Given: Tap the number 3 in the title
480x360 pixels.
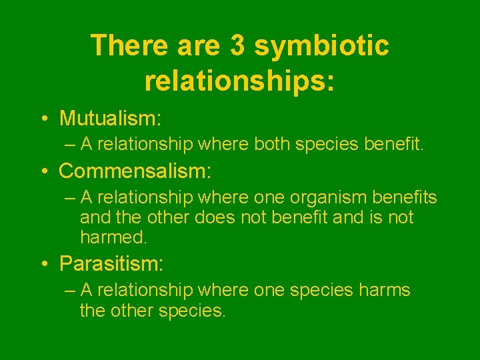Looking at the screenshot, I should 237,46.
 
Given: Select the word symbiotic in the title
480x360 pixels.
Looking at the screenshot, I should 322,46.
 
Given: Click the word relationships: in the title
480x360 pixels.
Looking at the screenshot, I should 239,79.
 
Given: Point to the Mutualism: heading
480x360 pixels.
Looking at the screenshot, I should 110,119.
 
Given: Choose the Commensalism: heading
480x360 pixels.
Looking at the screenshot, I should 135,171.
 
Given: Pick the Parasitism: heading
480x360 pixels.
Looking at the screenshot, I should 111,264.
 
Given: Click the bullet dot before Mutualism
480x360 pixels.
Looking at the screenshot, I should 43,119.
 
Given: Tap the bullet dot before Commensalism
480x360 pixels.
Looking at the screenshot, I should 43,172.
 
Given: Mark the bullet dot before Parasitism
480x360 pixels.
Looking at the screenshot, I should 43,265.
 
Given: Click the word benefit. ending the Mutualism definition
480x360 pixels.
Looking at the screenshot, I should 393,145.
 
